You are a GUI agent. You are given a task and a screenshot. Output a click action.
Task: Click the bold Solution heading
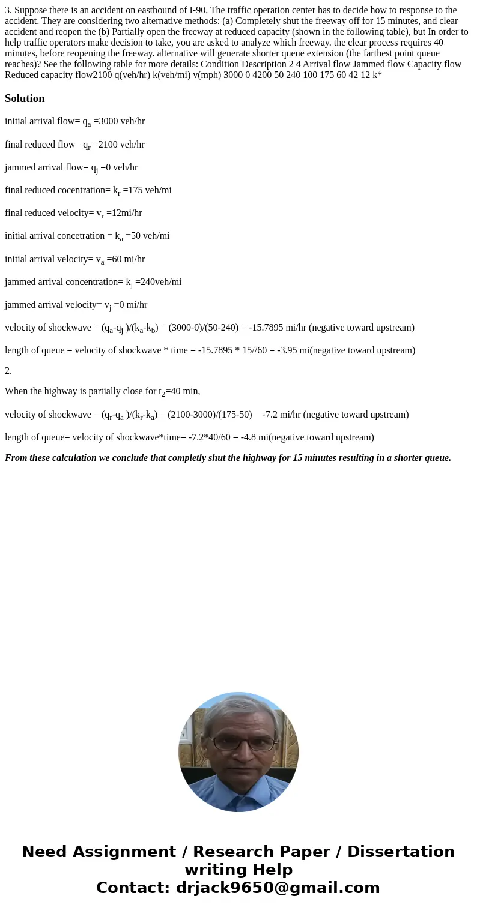25,98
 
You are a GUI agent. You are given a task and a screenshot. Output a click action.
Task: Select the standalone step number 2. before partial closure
8,371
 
